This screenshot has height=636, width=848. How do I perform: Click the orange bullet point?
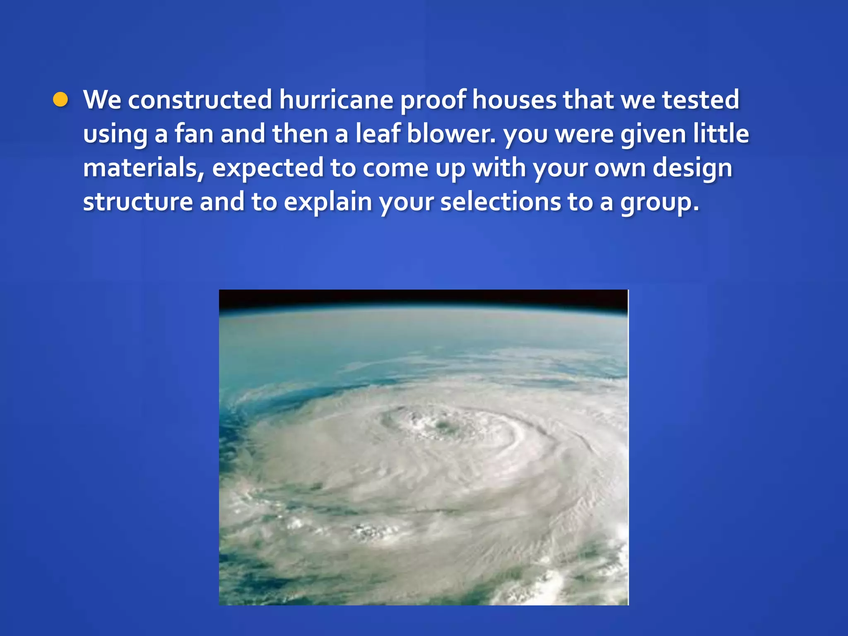60,100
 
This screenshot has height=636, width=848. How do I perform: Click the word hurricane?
336,100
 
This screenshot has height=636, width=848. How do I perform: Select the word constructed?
200,100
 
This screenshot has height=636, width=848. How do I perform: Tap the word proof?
433,101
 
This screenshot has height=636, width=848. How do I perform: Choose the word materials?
143,168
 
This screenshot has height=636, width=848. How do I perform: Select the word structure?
138,202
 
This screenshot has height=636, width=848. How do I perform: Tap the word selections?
500,202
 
